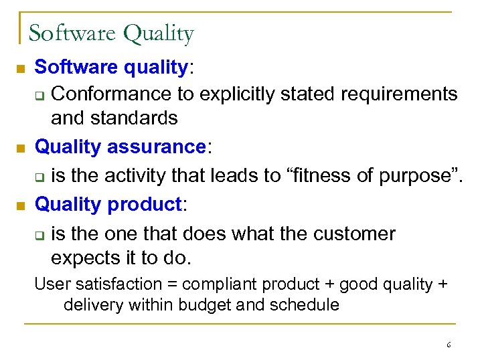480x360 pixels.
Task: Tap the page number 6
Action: click(x=449, y=345)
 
